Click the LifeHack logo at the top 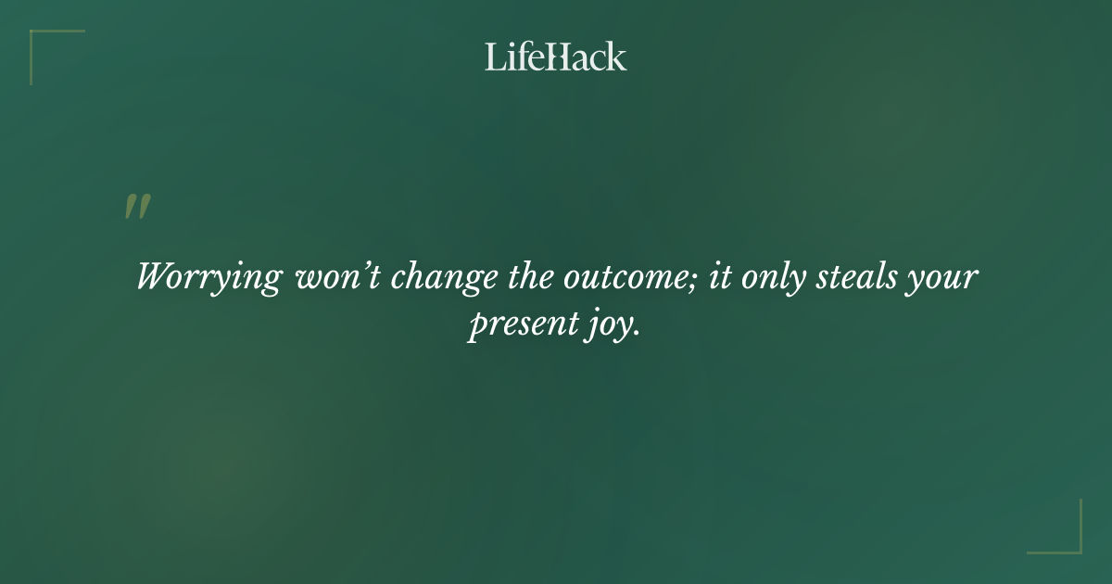click(556, 57)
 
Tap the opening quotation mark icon click(137, 208)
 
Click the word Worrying click(208, 279)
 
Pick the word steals click(857, 277)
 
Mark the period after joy click(638, 336)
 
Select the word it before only click(718, 277)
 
